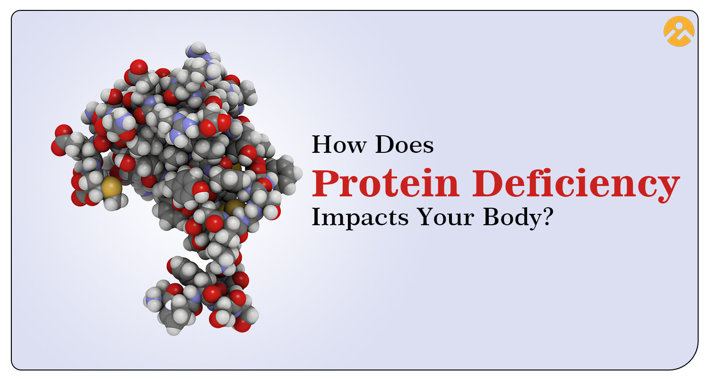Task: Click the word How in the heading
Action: tap(339, 144)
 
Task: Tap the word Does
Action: tap(404, 144)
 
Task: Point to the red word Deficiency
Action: tap(576, 186)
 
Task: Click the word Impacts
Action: tap(360, 217)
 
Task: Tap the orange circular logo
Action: tap(679, 31)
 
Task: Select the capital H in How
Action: tap(322, 144)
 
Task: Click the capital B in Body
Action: tap(492, 217)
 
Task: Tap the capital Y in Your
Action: tap(425, 217)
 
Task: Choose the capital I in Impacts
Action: tap(317, 217)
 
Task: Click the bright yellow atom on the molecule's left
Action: tap(112, 187)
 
